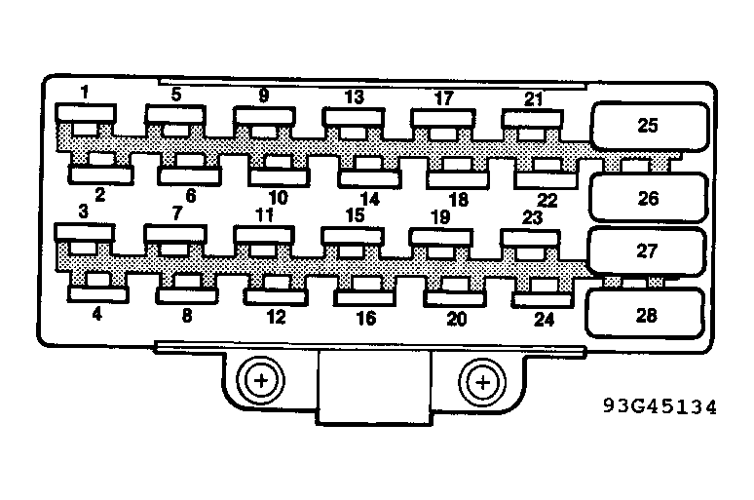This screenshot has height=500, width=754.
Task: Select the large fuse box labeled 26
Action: pyautogui.click(x=648, y=199)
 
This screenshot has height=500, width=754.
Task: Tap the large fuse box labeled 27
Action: pyautogui.click(x=646, y=251)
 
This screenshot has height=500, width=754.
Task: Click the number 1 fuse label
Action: pyautogui.click(x=85, y=94)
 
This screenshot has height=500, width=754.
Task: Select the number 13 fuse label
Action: pyautogui.click(x=354, y=96)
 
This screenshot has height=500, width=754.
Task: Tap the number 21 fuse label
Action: pyautogui.click(x=533, y=97)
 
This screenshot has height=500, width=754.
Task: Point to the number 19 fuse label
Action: pyautogui.click(x=439, y=215)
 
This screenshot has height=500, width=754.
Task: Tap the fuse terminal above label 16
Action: pyautogui.click(x=365, y=290)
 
